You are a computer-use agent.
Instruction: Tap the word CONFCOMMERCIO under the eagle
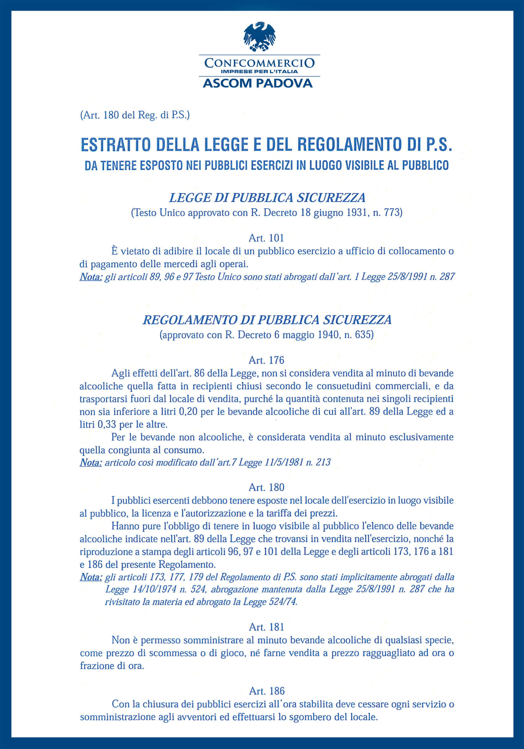259,63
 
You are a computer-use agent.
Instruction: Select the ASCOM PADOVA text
258,83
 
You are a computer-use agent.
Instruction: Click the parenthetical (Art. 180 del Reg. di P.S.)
135,115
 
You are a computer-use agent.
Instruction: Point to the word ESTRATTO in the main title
115,145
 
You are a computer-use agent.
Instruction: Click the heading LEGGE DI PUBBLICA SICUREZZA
267,198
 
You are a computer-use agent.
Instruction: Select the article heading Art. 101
266,238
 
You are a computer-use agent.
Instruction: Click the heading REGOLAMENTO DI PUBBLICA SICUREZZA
267,320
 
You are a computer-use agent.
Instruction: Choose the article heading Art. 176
266,360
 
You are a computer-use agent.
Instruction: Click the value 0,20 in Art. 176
188,412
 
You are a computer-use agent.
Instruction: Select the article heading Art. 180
266,487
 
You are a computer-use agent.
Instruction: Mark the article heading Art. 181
266,627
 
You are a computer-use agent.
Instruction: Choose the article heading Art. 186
266,691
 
